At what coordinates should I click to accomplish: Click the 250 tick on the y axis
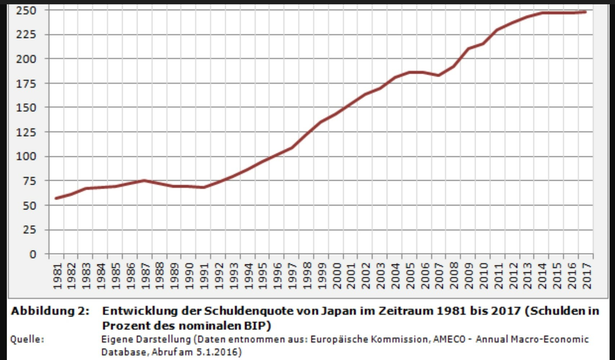pos(26,10)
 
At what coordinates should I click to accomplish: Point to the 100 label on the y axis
pos(26,156)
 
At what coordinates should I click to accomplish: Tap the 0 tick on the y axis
pos(33,254)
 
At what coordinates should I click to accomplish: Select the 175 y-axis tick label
pos(26,84)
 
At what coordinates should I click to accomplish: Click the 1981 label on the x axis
pos(57,276)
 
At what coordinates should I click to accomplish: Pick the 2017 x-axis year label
pos(587,276)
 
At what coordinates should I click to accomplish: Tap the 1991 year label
pos(204,276)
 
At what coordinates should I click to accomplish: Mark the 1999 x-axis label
pos(322,276)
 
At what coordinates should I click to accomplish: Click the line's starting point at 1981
pos(56,198)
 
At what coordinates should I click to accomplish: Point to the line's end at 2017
pos(585,12)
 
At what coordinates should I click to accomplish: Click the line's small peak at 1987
pos(144,181)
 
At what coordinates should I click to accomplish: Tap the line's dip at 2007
pos(438,75)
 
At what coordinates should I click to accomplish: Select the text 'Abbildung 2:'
pos(50,311)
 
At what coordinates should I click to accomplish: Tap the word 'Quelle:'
pos(27,339)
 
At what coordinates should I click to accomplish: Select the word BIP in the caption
pos(256,325)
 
